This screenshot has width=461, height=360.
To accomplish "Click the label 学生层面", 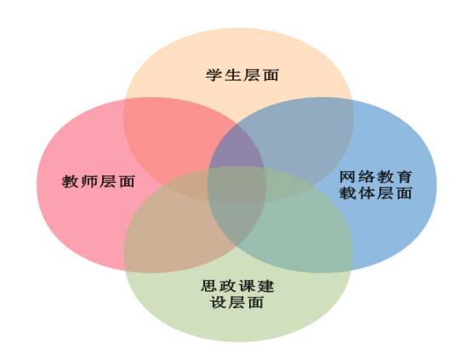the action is coord(242,75).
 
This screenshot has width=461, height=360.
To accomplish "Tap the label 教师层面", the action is coord(98,181).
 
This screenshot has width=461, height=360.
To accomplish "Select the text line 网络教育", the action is coord(376,177).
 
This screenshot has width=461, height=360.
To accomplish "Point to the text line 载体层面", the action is coord(376,193).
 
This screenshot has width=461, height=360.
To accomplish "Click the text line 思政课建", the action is coord(237,286).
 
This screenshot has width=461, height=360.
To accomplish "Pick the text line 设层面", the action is coord(236,302).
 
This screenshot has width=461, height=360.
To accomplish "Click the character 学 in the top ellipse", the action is coord(213,75).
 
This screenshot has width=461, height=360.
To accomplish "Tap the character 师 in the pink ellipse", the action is coord(88,181).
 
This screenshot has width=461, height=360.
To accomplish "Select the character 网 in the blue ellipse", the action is coord(347,177).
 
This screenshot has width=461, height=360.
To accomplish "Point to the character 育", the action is coord(404,177).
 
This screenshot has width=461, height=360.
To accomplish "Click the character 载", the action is coord(347,193).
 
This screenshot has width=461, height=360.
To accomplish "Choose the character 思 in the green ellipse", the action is coord(209,286).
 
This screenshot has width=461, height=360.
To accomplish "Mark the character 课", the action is coord(247,286).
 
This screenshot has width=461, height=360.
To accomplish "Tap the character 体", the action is coord(366,193).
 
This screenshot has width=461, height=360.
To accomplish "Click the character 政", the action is coord(228,286).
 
